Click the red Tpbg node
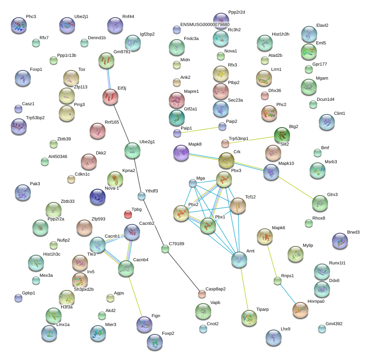[128, 214]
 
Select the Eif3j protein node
[110, 97]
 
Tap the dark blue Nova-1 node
[98, 197]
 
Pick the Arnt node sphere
[239, 260]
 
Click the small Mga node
[193, 183]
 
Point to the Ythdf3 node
[142, 196]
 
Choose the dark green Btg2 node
[282, 135]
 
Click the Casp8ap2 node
[202, 294]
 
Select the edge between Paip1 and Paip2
[200, 130]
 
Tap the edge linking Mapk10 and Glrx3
[296, 188]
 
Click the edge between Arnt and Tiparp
[244, 289]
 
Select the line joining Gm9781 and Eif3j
[108, 79]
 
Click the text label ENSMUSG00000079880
[205, 24]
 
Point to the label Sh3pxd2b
[84, 289]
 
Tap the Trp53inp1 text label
[238, 138]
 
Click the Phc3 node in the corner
[19, 25]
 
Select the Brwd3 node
[340, 241]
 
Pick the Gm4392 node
[322, 329]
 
